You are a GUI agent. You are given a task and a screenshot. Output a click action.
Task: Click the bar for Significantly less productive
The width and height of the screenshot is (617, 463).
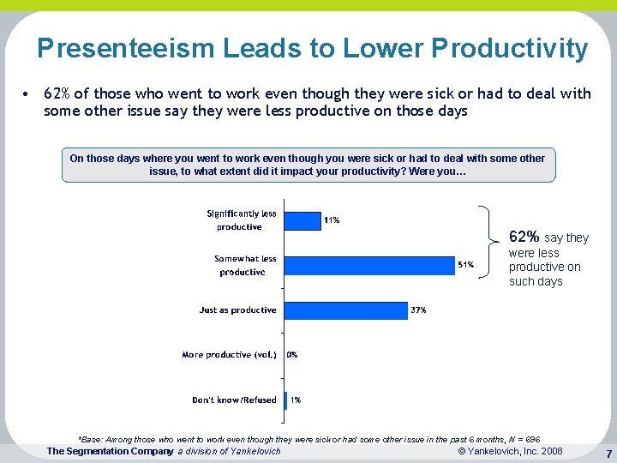click(301, 220)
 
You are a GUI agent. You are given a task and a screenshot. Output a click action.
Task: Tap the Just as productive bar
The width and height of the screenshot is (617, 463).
click(344, 310)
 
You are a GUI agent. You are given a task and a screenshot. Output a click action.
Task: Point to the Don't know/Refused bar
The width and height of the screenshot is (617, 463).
click(285, 400)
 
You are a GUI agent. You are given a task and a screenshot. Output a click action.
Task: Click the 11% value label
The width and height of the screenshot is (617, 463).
click(331, 220)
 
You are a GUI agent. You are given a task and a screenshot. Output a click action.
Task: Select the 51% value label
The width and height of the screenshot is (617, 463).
click(465, 265)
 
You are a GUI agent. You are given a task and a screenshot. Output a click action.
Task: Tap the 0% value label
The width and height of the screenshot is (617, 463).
click(292, 354)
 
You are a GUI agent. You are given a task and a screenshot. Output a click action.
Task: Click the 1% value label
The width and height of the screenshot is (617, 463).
click(295, 400)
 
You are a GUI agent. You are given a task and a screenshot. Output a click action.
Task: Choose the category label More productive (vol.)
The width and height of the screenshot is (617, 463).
click(229, 354)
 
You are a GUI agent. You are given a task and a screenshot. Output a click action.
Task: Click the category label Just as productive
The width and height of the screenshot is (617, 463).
click(237, 310)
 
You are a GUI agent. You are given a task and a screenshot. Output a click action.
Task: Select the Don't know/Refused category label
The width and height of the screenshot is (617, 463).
click(234, 400)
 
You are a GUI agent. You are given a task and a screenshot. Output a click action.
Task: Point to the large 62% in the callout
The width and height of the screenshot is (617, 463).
click(524, 236)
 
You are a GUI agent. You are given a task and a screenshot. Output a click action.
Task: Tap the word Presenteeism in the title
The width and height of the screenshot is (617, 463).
click(126, 48)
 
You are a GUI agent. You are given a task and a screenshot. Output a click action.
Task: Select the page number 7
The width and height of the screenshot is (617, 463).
click(608, 453)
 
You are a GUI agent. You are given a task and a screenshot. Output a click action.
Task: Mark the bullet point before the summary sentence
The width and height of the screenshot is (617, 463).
click(27, 93)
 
